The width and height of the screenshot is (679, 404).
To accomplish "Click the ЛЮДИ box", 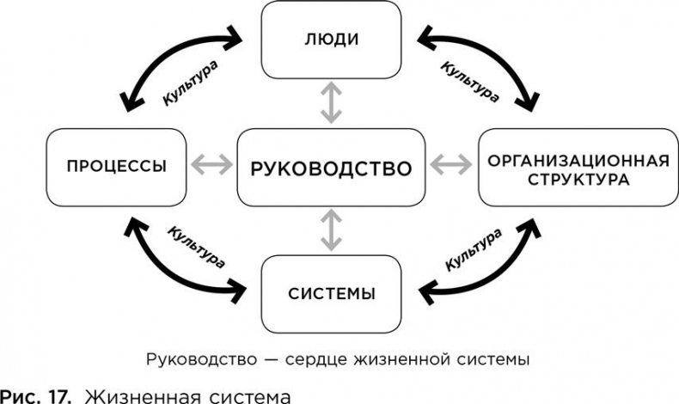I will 331,39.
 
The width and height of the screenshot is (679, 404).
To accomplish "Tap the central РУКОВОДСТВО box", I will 331,168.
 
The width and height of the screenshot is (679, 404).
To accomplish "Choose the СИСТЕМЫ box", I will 331,294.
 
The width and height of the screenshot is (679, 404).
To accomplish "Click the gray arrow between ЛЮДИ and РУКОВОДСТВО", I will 331,103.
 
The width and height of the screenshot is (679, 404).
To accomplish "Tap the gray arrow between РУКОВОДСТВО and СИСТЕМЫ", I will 331,230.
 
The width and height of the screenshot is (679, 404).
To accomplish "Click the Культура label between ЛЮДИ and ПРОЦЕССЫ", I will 189,82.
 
